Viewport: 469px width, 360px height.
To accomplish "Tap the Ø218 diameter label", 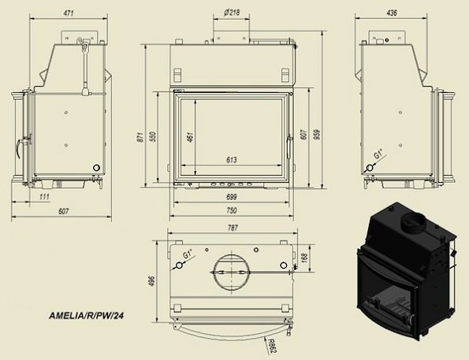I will tap(233, 13).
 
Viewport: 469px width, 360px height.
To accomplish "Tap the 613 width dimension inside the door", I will tap(231, 160).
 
